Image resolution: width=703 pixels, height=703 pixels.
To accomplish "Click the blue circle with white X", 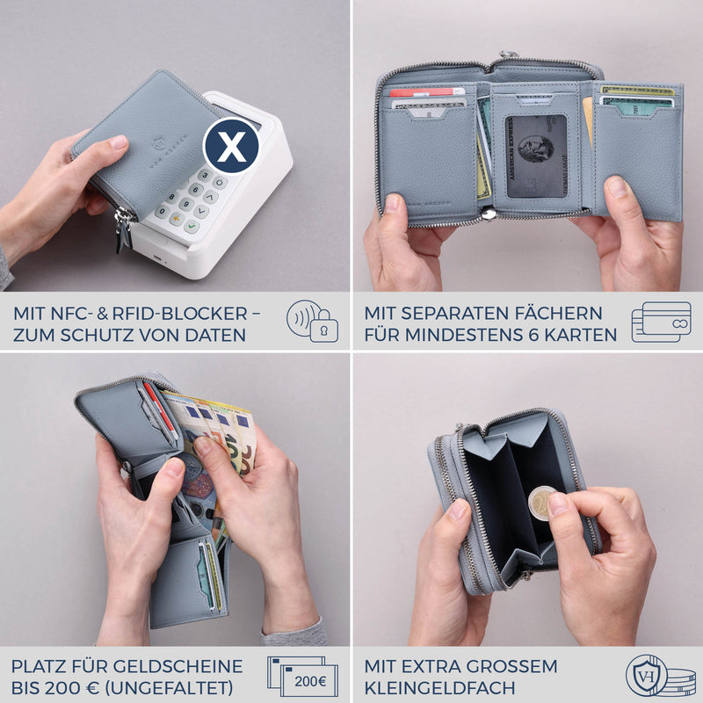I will tap(231, 147).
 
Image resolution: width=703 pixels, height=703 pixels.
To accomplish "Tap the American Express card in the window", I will tap(535, 156).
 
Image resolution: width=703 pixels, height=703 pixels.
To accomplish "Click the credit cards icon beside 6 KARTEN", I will tap(661, 322).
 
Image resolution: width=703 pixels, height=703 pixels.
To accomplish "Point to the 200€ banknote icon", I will tap(303, 676).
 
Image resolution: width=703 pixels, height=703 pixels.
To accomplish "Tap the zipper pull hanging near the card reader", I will tap(123, 230).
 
